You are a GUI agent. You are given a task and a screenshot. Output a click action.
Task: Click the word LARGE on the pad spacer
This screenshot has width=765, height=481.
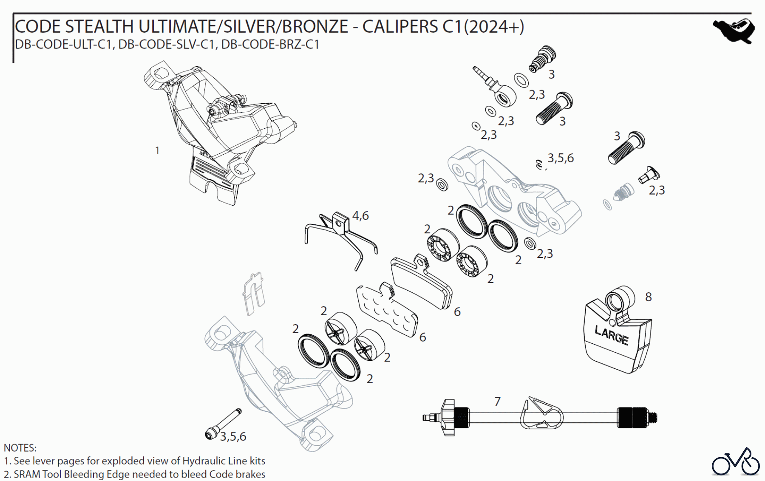point(611,336)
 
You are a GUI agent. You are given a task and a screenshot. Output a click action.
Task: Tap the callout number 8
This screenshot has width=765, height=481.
point(648,297)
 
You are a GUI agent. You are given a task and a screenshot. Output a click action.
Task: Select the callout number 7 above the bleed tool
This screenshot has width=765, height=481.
point(497,401)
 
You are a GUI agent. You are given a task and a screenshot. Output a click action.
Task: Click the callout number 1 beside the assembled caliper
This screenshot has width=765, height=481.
point(157,150)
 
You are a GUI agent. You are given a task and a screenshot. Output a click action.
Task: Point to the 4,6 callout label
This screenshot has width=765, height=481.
point(360,216)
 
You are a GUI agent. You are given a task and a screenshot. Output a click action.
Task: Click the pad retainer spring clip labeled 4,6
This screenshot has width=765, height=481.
point(340,238)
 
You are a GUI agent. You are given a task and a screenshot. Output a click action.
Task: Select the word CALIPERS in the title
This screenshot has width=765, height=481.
point(401,27)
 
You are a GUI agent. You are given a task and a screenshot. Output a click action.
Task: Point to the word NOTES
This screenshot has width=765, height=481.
point(20,448)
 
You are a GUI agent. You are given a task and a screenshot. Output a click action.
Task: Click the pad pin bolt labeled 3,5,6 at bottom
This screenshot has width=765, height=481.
point(223,423)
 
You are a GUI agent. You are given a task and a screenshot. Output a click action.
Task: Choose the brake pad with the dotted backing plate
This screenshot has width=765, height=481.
point(386,309)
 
